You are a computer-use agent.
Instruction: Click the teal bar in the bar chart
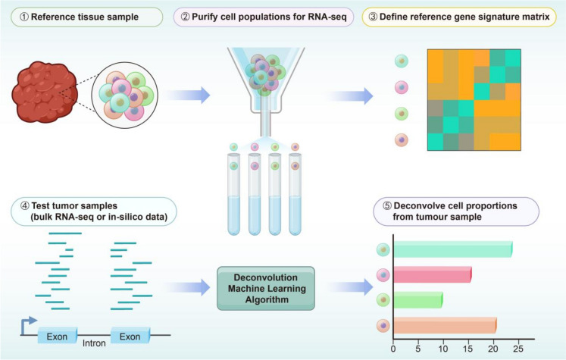click(x=452, y=249)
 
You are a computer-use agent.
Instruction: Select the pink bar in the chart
click(x=431, y=275)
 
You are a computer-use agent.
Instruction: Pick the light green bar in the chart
click(x=417, y=301)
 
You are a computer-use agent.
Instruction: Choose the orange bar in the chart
click(x=443, y=327)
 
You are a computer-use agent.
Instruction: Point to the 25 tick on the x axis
click(x=518, y=349)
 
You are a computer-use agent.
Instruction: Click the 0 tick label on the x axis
click(x=393, y=349)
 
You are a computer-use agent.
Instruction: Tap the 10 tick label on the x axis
click(x=443, y=349)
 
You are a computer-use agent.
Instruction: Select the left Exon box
click(x=57, y=335)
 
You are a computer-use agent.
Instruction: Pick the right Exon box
click(x=130, y=335)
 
